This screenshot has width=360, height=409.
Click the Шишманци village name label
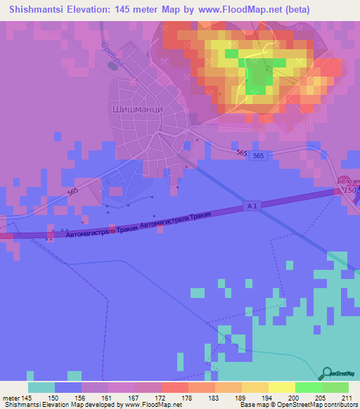click(x=138, y=110)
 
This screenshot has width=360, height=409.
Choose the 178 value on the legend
click(x=186, y=397)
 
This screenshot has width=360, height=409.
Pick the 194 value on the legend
click(x=266, y=397)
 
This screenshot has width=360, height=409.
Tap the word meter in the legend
click(x=12, y=397)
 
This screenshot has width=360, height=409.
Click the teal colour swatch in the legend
click(x=41, y=387)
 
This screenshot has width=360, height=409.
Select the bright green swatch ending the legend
click(x=335, y=387)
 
